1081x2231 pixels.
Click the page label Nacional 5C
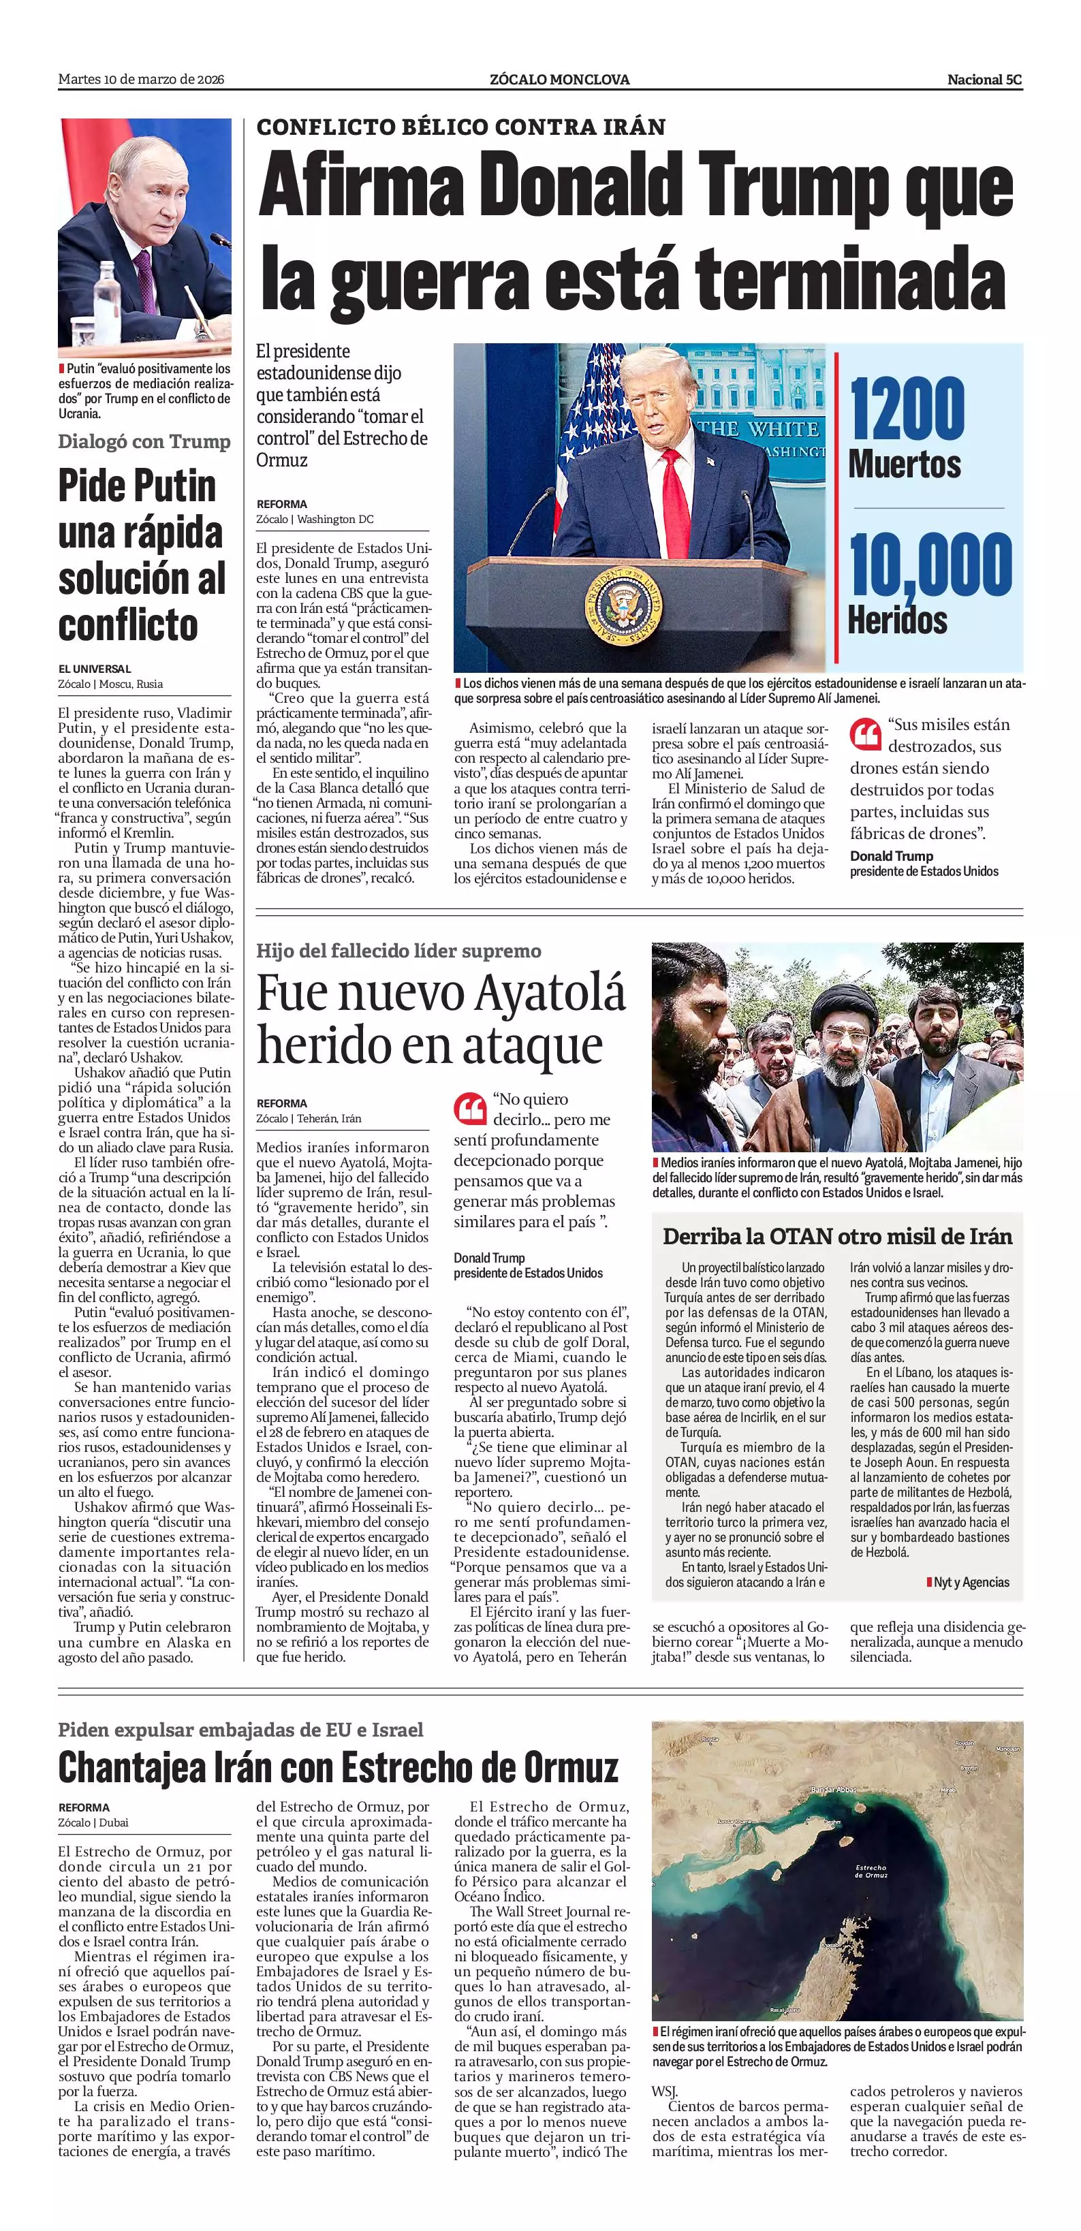tap(984, 80)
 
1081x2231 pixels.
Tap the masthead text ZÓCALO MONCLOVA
tap(559, 80)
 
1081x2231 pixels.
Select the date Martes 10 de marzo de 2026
tap(141, 80)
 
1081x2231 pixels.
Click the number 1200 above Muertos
tap(906, 407)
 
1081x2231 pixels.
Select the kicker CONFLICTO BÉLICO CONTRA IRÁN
tap(461, 127)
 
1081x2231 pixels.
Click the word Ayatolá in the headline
tap(548, 994)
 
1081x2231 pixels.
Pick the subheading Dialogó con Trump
tap(144, 442)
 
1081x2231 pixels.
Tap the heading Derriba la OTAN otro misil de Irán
tap(836, 1237)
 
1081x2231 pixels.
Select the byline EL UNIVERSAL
tap(95, 669)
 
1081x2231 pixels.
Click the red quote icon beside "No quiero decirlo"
tap(469, 1109)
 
